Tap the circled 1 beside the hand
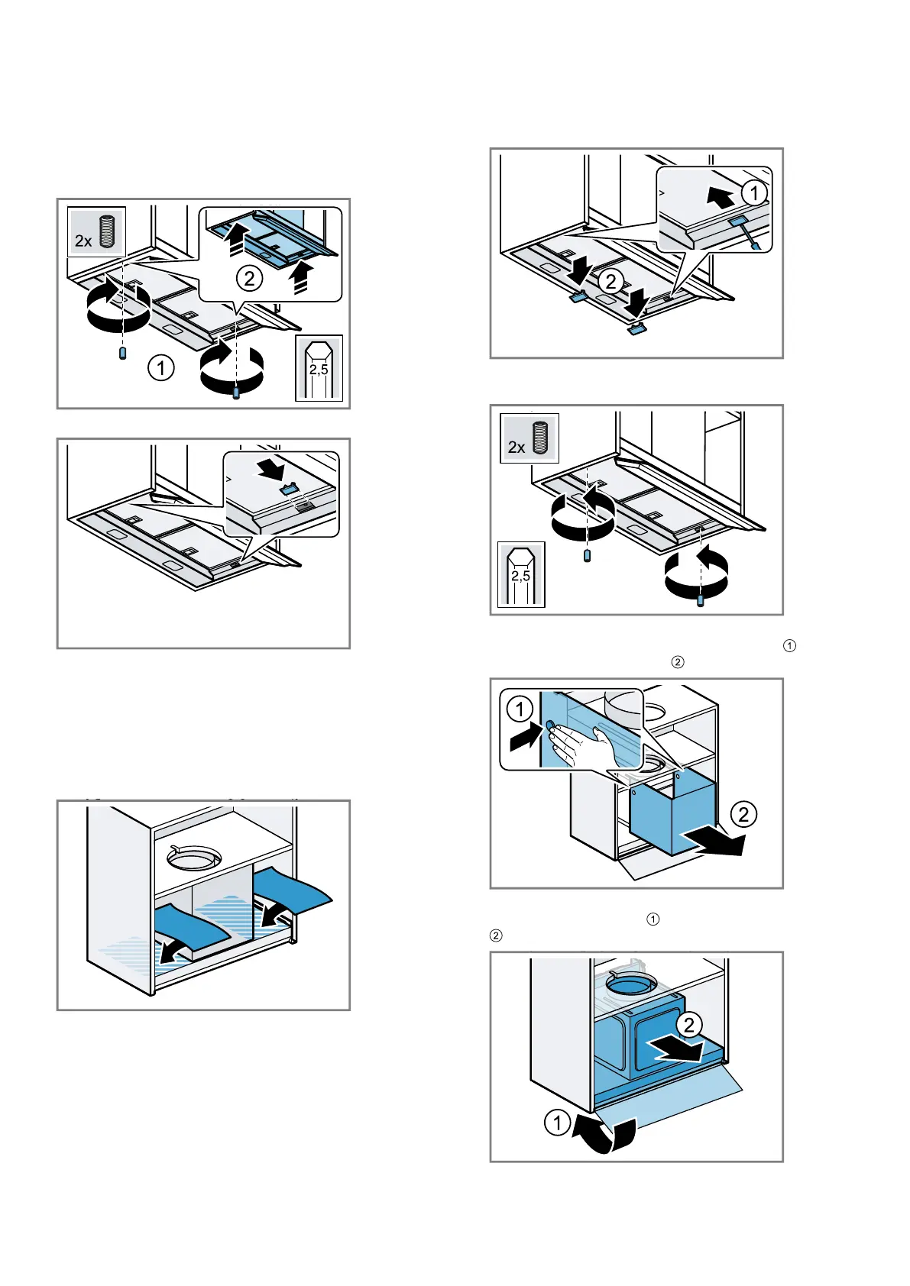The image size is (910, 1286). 520,709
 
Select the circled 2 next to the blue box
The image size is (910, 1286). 743,814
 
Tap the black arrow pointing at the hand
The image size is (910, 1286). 526,738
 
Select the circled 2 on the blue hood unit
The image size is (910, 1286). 688,1024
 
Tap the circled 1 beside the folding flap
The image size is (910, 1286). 557,1123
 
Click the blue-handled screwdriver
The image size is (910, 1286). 748,232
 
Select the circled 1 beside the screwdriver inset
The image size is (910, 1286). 755,192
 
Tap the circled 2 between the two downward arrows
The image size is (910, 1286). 610,282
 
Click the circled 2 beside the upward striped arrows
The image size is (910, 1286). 249,279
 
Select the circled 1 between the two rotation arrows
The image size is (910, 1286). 160,368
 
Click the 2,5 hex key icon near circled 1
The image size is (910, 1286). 319,368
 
